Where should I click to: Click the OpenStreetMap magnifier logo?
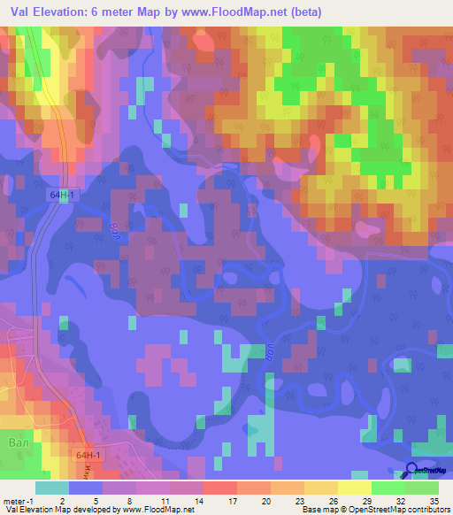point(412,472)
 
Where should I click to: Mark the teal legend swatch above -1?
point(51,488)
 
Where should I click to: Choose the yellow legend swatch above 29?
point(354,488)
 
